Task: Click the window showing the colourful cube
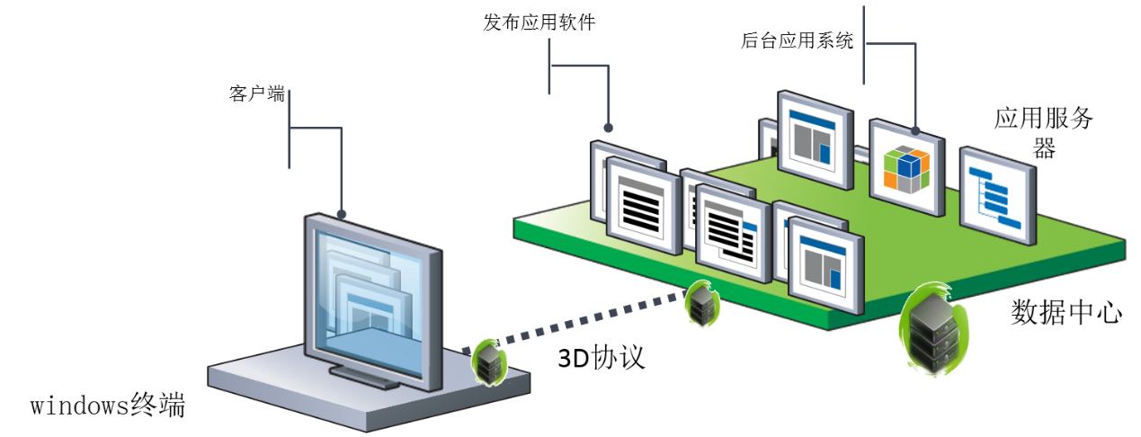(907, 168)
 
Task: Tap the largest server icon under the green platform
(933, 328)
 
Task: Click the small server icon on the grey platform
(489, 361)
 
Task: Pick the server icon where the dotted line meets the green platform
(701, 304)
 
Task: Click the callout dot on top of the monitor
(342, 214)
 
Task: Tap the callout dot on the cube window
(915, 129)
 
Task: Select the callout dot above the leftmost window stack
(608, 128)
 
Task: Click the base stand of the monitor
(364, 378)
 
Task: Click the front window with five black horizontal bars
(644, 208)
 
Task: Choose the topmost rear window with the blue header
(815, 138)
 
